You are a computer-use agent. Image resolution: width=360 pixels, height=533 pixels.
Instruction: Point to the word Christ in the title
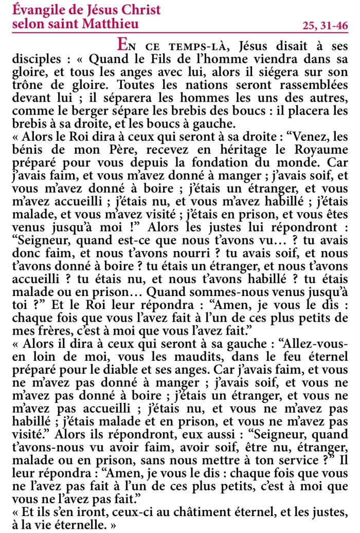tap(141, 10)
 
